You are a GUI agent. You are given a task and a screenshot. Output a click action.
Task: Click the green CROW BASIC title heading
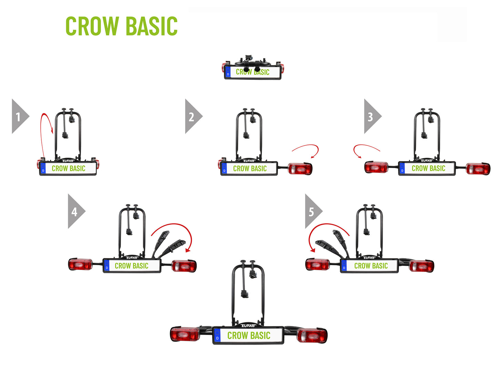(x=121, y=26)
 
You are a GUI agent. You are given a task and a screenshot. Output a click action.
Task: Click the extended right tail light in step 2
(x=300, y=169)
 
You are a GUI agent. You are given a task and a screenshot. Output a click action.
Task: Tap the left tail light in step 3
(x=376, y=167)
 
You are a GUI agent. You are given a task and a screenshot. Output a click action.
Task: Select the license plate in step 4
(x=132, y=266)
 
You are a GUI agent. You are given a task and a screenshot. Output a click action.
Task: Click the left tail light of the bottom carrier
(x=185, y=334)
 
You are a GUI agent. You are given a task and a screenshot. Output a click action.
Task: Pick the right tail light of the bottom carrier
(x=312, y=336)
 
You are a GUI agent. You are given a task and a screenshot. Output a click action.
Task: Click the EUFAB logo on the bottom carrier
(x=248, y=326)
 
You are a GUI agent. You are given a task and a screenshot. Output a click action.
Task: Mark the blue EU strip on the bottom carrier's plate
(x=217, y=335)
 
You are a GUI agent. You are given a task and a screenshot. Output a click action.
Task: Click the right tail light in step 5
(x=421, y=266)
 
